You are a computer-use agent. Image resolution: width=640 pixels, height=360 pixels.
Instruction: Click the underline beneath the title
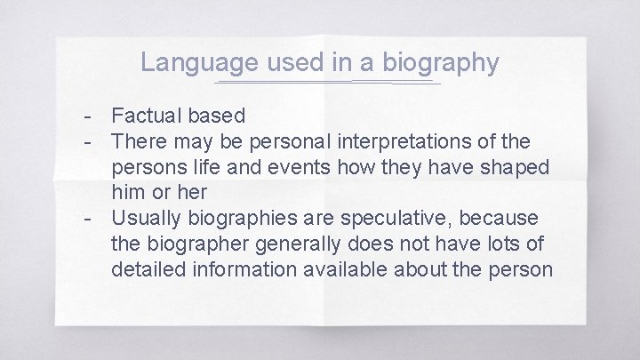327,83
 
